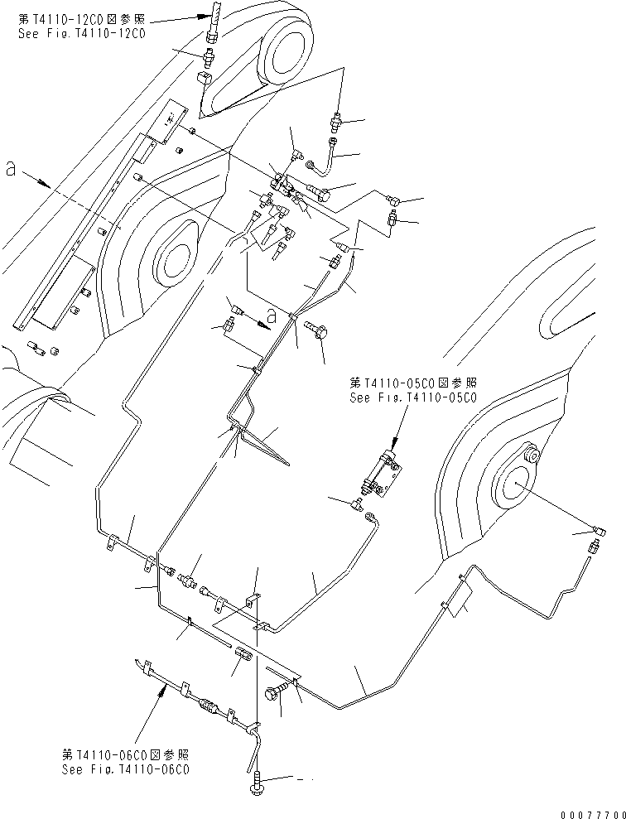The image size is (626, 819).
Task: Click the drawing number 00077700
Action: click(591, 813)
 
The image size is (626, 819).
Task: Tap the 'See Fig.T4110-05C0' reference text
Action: click(414, 397)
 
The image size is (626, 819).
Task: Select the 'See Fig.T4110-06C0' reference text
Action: click(126, 768)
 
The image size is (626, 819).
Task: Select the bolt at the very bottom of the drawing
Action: click(257, 781)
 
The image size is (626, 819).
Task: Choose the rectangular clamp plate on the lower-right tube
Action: click(459, 600)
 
